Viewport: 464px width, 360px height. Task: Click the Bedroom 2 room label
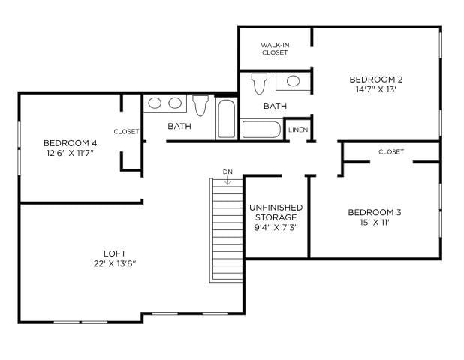pyautogui.click(x=376, y=79)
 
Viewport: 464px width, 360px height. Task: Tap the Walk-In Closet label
pyautogui.click(x=275, y=49)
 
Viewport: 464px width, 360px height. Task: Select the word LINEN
pyautogui.click(x=297, y=130)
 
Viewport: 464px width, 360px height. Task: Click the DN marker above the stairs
pyautogui.click(x=227, y=172)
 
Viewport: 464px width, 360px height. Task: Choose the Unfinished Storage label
pyautogui.click(x=275, y=212)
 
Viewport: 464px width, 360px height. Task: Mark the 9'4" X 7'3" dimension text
pyautogui.click(x=275, y=228)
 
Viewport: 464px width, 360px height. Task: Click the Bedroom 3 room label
pyautogui.click(x=375, y=212)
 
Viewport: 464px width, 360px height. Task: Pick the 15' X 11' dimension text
pyautogui.click(x=375, y=222)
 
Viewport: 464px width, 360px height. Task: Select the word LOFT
pyautogui.click(x=115, y=253)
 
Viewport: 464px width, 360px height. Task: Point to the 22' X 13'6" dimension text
pyautogui.click(x=115, y=263)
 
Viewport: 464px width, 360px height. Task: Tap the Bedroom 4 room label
pyautogui.click(x=70, y=143)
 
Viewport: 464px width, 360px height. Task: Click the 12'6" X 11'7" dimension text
pyautogui.click(x=70, y=154)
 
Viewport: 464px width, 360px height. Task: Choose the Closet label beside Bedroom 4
pyautogui.click(x=126, y=131)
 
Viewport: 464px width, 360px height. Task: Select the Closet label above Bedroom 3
pyautogui.click(x=391, y=151)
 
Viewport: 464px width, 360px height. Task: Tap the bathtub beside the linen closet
pyautogui.click(x=261, y=129)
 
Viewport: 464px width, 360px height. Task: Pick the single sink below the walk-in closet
pyautogui.click(x=293, y=81)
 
